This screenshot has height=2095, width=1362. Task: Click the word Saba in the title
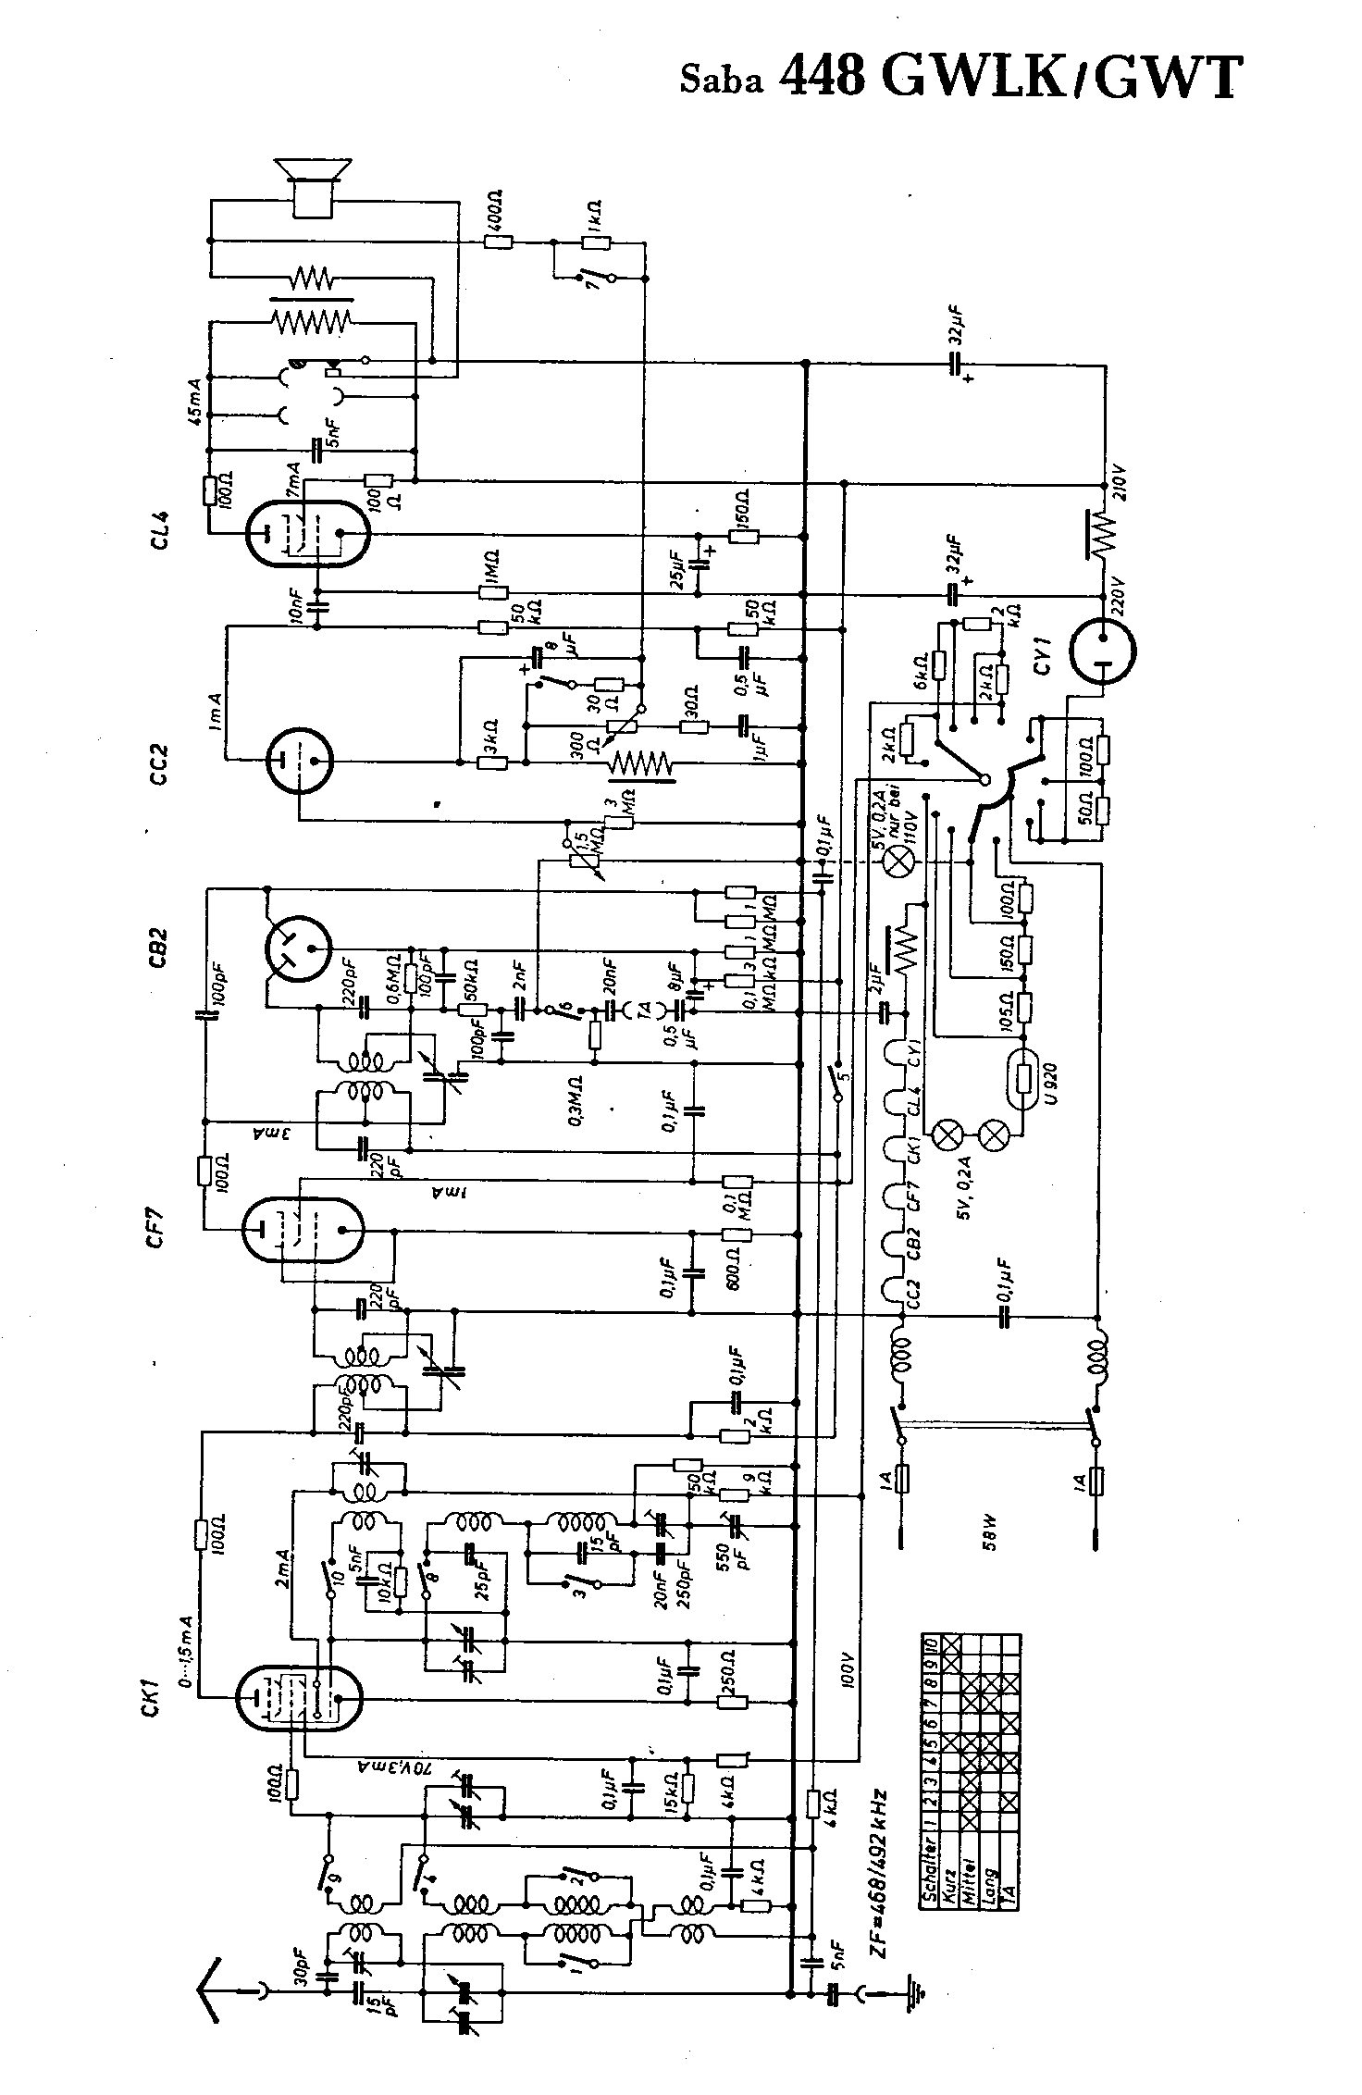tap(722, 81)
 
